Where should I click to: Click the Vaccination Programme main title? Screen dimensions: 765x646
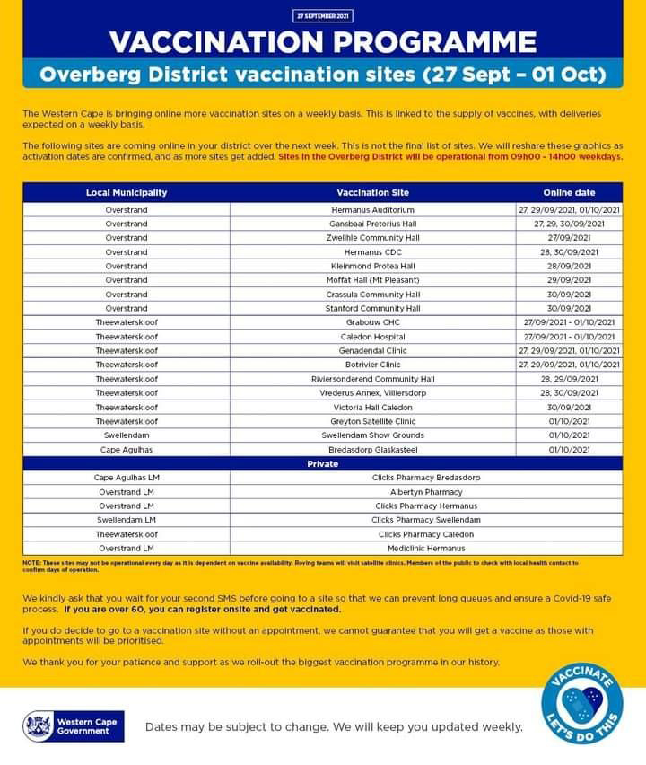point(322,41)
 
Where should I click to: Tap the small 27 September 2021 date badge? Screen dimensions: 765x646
point(322,16)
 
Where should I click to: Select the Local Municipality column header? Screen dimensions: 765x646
point(127,193)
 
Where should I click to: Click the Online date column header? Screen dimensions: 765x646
point(569,193)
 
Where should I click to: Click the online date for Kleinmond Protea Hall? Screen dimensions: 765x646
point(569,267)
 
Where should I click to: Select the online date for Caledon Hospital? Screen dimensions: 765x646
point(569,337)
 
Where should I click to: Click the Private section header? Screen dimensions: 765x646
point(322,463)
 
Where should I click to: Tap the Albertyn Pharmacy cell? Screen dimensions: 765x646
point(426,492)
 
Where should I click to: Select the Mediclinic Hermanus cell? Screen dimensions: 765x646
point(426,548)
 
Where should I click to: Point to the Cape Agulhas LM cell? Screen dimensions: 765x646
point(127,478)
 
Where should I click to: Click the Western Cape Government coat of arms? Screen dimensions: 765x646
point(39,725)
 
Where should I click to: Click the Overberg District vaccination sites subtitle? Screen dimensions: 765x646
point(322,73)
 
